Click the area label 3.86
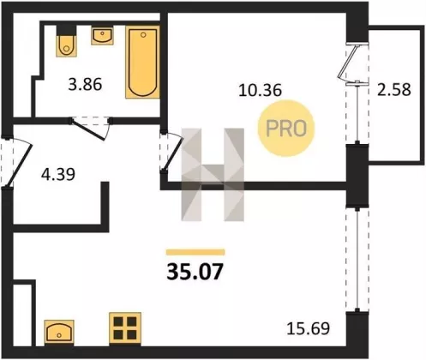coord(85,85)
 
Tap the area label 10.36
coord(260,90)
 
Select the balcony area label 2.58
coord(394,89)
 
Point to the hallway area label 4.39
coord(58,174)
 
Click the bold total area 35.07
coord(195,272)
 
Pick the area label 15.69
coord(309,328)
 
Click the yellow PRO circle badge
coord(286,129)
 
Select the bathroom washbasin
coord(102,35)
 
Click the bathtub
coord(142,62)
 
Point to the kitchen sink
coord(59,332)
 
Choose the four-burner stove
coord(125,328)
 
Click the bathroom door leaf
coord(88,129)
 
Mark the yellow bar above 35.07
coord(195,252)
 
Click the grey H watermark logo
coord(213,175)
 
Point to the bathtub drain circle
coord(143,35)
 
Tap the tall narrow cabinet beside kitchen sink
coord(24,314)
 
